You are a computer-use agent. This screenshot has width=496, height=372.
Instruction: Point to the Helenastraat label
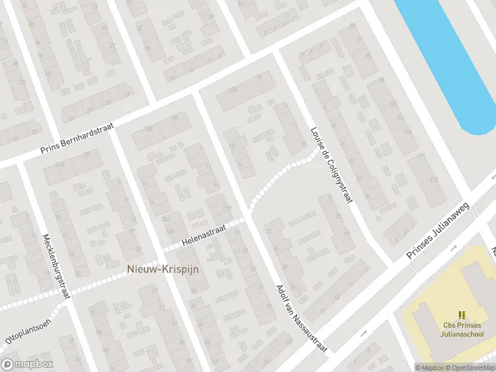tap(205, 236)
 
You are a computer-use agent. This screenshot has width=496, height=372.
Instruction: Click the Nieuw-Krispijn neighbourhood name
tap(162, 269)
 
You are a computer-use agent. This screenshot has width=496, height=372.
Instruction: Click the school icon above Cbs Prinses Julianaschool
tap(461, 316)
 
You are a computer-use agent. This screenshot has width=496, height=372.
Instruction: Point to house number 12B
tap(233, 90)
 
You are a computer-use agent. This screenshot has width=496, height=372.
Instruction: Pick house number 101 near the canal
tap(407, 133)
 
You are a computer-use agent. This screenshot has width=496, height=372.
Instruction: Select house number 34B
tap(60, 164)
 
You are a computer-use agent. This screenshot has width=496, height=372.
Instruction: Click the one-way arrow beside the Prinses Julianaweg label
tap(453, 248)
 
